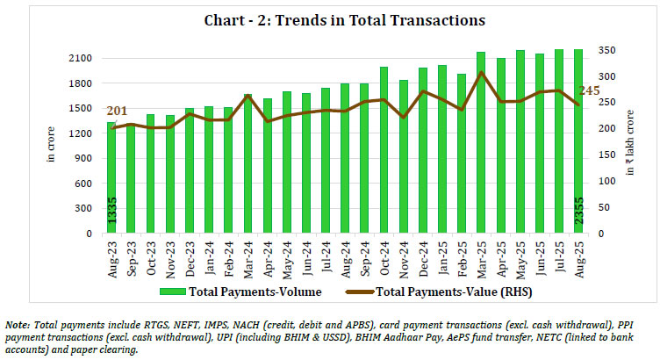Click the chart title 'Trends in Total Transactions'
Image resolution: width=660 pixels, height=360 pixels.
pos(329,19)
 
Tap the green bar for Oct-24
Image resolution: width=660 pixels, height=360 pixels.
pos(384,154)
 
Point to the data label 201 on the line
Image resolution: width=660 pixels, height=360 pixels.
pos(117,112)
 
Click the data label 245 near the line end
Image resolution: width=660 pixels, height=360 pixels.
pos(590,90)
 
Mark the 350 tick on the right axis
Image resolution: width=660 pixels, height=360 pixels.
pos(604,52)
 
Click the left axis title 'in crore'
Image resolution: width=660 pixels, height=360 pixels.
pos(50,145)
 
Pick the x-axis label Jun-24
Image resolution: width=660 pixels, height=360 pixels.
pos(306,255)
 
